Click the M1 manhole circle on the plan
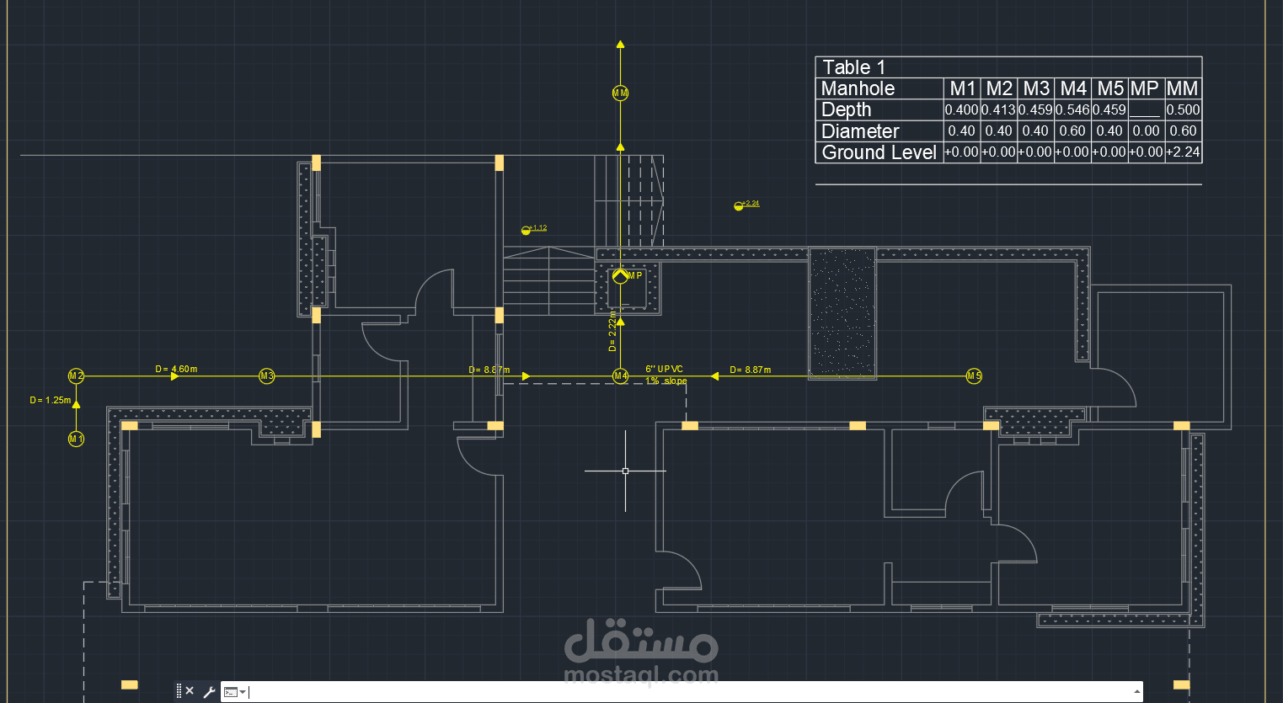(x=76, y=439)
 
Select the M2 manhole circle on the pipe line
(x=76, y=375)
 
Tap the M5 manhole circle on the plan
(x=974, y=375)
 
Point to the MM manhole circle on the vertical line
(x=620, y=93)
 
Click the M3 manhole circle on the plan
(x=266, y=375)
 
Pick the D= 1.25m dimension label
(x=50, y=400)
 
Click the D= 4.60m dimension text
(x=176, y=369)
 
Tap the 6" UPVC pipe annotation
(x=665, y=369)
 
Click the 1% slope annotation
(x=666, y=381)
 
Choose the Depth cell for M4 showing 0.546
(x=1072, y=110)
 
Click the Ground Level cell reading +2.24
(x=1183, y=152)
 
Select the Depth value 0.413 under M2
(x=998, y=110)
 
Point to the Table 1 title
(x=853, y=67)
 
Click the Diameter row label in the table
(x=860, y=131)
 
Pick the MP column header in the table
(x=1145, y=88)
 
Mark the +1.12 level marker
(x=534, y=228)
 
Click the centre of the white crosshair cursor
(x=625, y=471)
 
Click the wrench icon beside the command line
(x=209, y=692)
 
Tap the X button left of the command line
(x=190, y=691)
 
